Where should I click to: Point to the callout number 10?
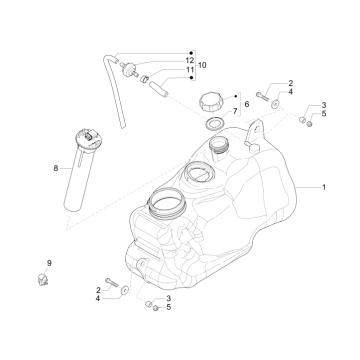pos(206,65)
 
